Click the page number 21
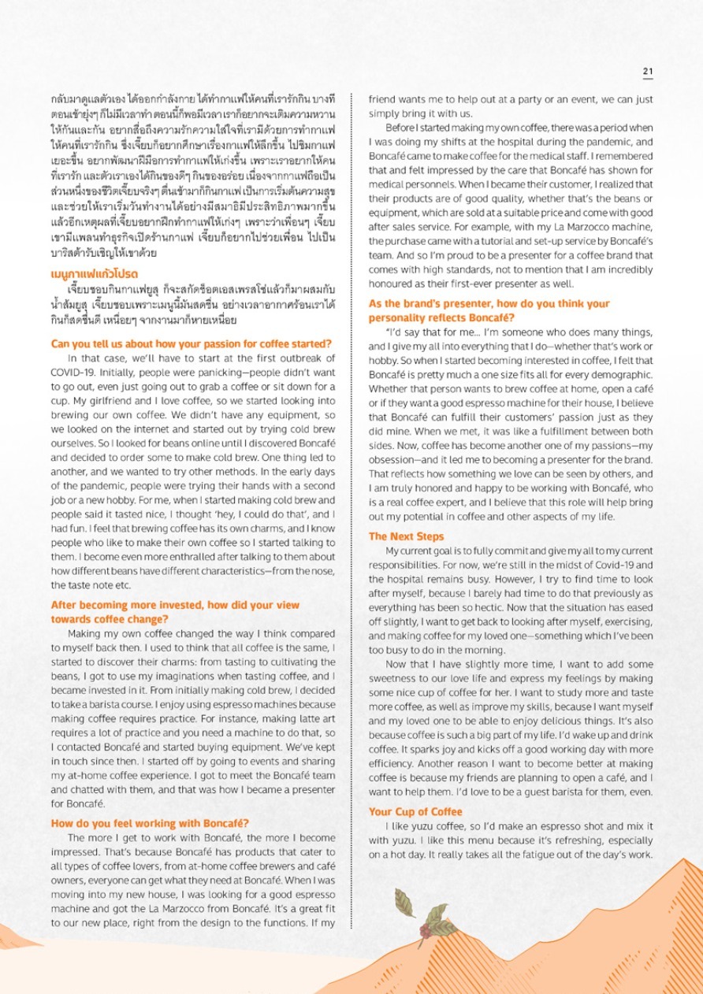click(648, 71)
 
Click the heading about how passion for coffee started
click(191, 343)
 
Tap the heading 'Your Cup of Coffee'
click(415, 811)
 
